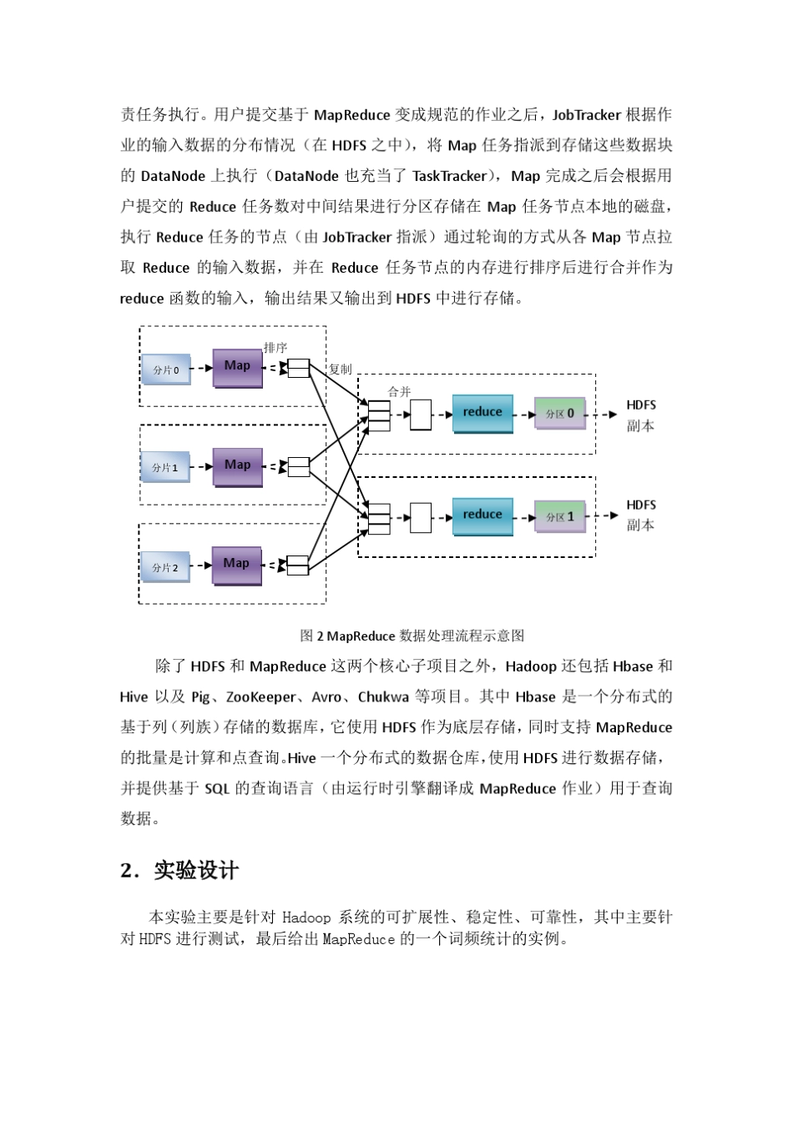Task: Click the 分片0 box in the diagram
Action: (166, 369)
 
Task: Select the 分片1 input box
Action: (165, 467)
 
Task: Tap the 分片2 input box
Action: (165, 567)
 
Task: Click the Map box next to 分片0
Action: (237, 367)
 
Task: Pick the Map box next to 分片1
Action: (237, 465)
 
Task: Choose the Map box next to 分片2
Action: (236, 565)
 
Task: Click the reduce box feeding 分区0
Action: (482, 413)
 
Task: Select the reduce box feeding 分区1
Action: (482, 515)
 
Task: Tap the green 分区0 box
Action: (560, 414)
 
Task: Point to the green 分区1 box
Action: (560, 517)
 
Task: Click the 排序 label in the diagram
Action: (275, 348)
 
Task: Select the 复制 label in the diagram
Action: (341, 369)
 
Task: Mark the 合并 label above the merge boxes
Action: (399, 391)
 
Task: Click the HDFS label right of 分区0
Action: (641, 405)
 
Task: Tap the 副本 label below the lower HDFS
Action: (641, 525)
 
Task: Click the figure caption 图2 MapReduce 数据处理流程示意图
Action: (412, 636)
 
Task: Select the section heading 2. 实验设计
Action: (179, 871)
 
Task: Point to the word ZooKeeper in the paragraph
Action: (261, 697)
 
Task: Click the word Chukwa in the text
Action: (383, 697)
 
